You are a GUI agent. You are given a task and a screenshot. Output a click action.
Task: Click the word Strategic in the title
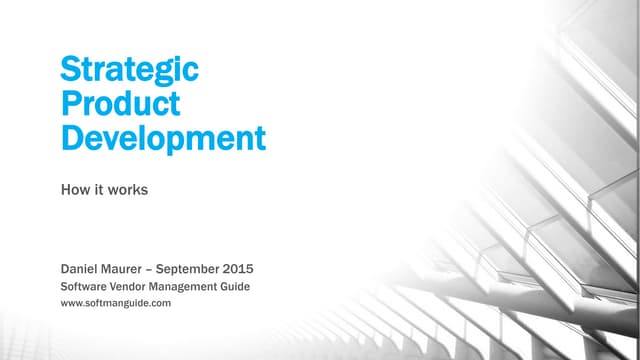coord(130,70)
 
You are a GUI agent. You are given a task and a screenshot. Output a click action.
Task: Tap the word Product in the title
coord(120,103)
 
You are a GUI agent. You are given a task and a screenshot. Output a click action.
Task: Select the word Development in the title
coord(164,136)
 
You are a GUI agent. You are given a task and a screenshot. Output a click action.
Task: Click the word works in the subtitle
coord(129,188)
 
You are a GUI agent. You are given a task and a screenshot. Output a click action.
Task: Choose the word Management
coord(197,287)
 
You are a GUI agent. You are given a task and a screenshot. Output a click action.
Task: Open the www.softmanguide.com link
coord(116,302)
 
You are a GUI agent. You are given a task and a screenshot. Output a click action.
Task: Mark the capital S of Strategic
coord(70,70)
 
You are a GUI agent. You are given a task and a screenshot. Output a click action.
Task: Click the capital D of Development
coord(72,136)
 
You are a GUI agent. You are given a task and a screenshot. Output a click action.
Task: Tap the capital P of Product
coord(71,103)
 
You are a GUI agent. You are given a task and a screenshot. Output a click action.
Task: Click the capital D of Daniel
coord(67,268)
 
